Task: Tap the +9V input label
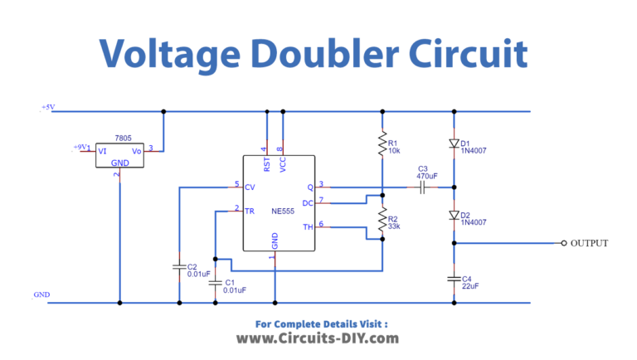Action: tap(80, 148)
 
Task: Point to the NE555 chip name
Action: tap(283, 211)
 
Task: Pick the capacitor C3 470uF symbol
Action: tap(423, 188)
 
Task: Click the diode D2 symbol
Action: tap(454, 215)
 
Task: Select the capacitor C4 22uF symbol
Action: tap(454, 279)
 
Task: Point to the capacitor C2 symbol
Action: tap(178, 267)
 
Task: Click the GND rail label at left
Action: tap(41, 294)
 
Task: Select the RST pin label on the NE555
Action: tap(266, 164)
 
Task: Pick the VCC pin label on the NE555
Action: tap(282, 164)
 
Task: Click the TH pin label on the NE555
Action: tap(308, 226)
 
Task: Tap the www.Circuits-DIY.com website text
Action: tap(318, 338)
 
